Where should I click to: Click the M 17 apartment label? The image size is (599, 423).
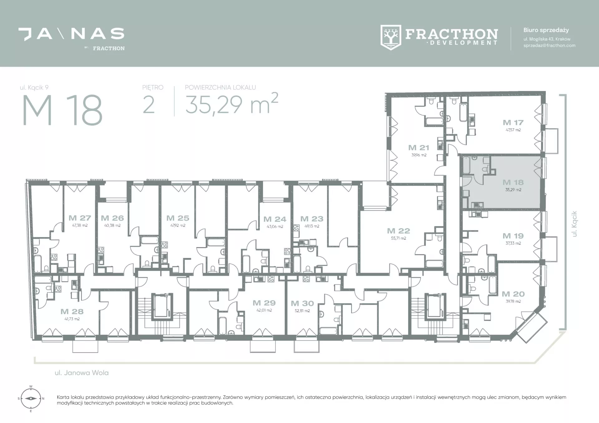[x=513, y=123]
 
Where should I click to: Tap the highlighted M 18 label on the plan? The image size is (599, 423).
[x=513, y=182]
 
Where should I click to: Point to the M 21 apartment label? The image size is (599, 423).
[x=419, y=147]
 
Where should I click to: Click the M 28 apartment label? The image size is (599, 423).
[x=72, y=311]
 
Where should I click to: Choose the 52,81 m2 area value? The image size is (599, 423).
[x=302, y=311]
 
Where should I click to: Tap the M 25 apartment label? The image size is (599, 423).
[x=178, y=218]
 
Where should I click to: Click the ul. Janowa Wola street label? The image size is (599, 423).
[x=82, y=373]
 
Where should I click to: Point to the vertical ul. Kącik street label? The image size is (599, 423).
[x=574, y=224]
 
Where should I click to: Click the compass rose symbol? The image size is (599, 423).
[x=31, y=398]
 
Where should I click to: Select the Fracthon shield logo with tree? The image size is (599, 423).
[x=391, y=37]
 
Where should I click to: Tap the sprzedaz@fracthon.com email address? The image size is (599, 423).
[x=549, y=46]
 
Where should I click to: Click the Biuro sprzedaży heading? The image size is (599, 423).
[x=546, y=30]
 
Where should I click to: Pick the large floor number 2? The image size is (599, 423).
[x=149, y=105]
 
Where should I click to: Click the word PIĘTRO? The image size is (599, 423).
[x=153, y=88]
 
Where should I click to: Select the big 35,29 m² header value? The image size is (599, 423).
[x=231, y=103]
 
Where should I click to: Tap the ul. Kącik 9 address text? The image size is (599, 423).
[x=34, y=88]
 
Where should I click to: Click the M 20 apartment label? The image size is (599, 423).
[x=513, y=294]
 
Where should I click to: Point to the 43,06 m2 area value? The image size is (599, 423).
[x=275, y=227]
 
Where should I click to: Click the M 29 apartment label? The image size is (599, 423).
[x=264, y=303]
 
